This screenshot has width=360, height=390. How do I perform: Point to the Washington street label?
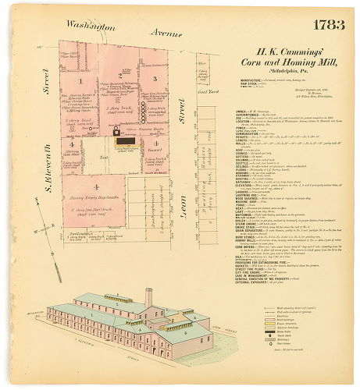point(91,25)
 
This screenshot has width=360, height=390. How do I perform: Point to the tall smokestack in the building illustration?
point(148,300)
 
